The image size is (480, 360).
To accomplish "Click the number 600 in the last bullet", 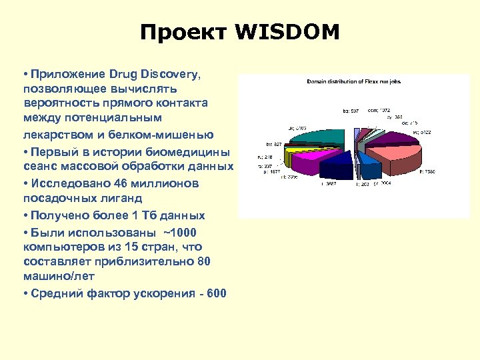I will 217,293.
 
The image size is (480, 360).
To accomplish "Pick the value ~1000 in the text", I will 179,232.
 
